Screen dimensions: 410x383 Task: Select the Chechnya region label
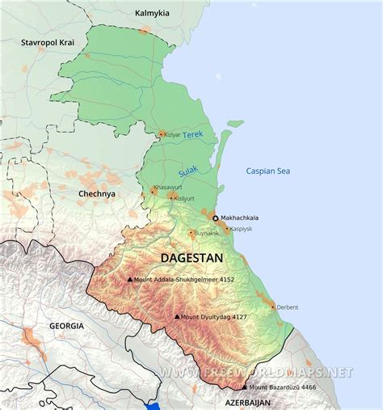click(x=96, y=194)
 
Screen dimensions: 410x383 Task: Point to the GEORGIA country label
click(x=66, y=325)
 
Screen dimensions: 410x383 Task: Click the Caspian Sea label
click(x=267, y=171)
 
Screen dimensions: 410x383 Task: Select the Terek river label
click(x=194, y=135)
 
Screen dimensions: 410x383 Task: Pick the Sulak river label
click(x=187, y=171)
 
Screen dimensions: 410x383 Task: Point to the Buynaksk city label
click(x=205, y=235)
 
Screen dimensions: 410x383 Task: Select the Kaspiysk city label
click(x=242, y=229)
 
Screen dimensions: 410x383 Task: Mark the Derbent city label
click(x=287, y=307)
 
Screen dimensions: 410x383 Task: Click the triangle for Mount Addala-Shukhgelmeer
click(x=130, y=280)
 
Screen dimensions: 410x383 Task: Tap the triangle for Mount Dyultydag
click(x=176, y=317)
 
